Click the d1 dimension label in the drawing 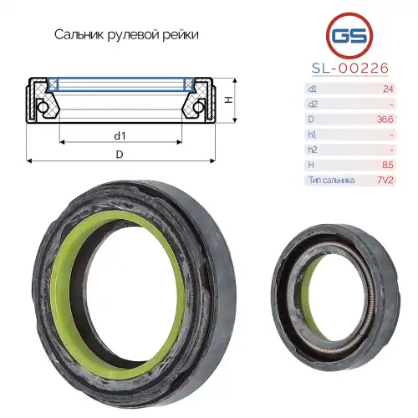120,135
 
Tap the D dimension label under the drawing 120,155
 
